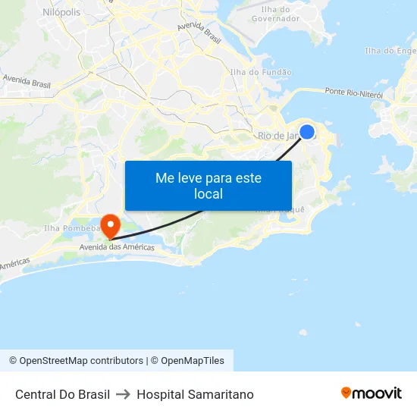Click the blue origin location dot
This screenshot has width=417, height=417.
click(307, 132)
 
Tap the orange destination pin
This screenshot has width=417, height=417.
click(111, 224)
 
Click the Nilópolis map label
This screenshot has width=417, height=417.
click(61, 12)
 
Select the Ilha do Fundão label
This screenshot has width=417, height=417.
click(261, 72)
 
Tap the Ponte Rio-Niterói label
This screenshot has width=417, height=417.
click(353, 92)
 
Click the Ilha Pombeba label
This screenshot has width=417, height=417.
click(71, 227)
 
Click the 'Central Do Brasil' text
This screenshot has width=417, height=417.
click(62, 394)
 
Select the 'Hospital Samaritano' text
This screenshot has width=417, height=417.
click(195, 394)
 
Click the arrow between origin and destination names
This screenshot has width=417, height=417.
click(124, 394)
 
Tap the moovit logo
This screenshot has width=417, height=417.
click(371, 393)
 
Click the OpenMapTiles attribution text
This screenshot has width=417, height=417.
click(193, 361)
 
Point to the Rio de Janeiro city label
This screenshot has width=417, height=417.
click(281, 136)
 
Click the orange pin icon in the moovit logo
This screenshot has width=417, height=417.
click(346, 393)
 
